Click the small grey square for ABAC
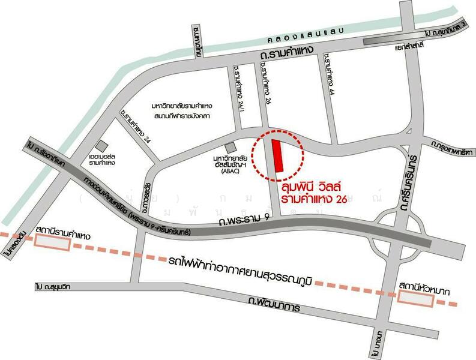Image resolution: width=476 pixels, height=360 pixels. coord(230,148)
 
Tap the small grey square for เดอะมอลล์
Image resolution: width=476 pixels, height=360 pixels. coord(101,145)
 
